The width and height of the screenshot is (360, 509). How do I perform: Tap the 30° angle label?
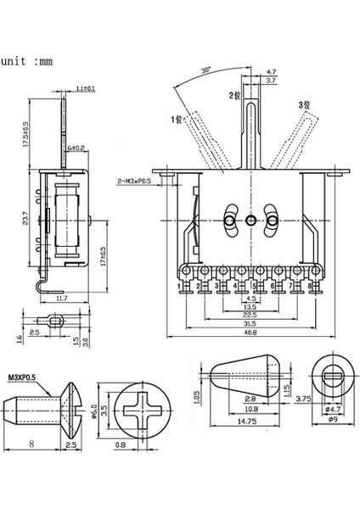click(207, 70)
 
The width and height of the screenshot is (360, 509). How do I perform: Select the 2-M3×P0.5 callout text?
click(141, 181)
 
